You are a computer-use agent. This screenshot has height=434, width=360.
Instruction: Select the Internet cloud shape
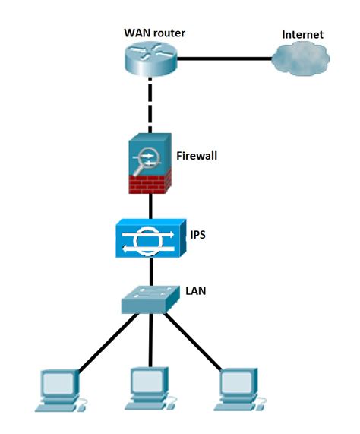pos(303,59)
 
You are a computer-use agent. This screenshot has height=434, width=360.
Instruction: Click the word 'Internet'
pos(302,34)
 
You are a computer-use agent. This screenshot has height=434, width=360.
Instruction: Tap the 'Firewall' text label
pos(197,156)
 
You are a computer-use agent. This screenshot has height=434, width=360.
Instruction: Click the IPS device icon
pos(149,239)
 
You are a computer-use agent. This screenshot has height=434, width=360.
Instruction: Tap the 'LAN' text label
pos(196,290)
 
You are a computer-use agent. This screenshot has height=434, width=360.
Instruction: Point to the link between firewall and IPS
pos(149,207)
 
